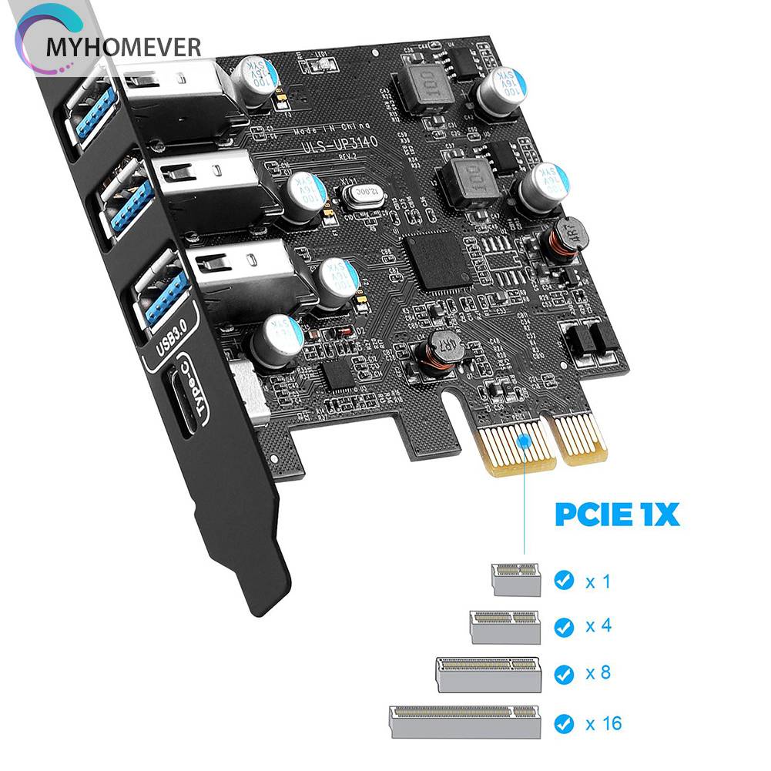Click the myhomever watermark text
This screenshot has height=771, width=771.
tap(123, 47)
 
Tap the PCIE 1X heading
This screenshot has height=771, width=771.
tap(617, 514)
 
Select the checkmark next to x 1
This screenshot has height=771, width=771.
tap(565, 580)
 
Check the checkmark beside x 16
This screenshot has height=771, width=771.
tap(565, 723)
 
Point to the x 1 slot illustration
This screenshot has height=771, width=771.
tap(516, 578)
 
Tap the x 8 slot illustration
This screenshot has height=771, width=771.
tap(489, 672)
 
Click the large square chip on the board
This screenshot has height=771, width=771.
tap(437, 259)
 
